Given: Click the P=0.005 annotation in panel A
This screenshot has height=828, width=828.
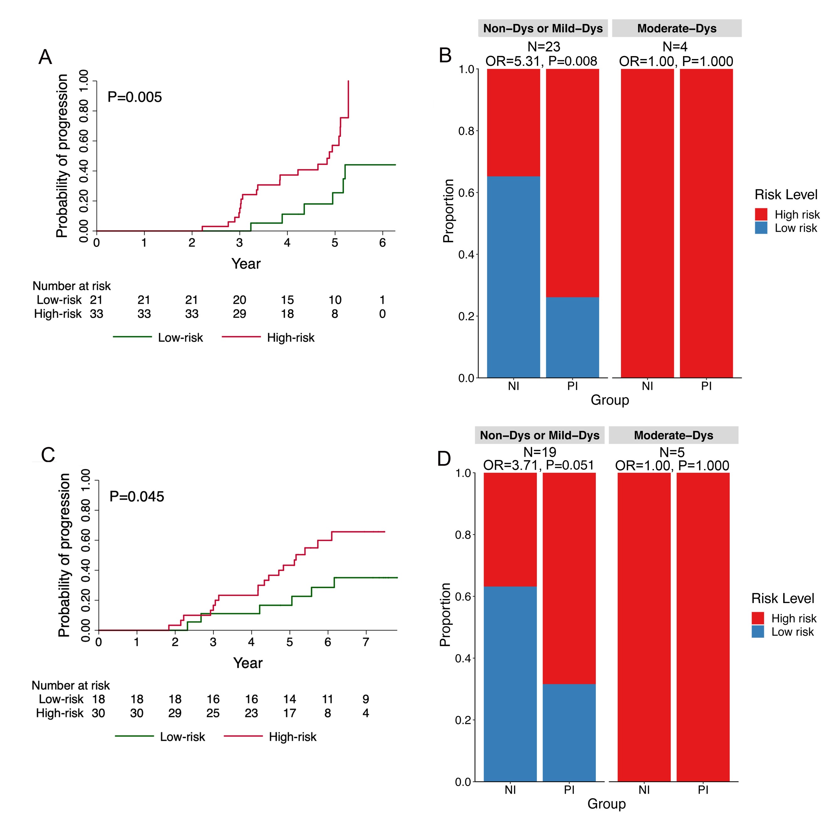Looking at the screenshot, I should tap(135, 97).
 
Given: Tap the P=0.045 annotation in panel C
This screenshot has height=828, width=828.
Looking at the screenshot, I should tap(137, 497).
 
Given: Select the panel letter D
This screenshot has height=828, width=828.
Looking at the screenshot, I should tap(444, 459).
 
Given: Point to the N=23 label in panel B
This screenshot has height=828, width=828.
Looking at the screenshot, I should tap(543, 46).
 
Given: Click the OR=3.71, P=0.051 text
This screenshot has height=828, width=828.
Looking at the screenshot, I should tap(538, 465).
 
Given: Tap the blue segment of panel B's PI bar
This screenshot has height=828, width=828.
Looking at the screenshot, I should tap(572, 337).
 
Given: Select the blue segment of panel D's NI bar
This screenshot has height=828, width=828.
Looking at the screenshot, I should tap(510, 684).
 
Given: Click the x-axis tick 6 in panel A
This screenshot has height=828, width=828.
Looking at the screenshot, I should tap(382, 243).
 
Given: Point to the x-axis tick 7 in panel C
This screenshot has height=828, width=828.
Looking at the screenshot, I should tap(366, 642).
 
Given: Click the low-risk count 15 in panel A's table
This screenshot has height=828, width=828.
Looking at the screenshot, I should tap(287, 300).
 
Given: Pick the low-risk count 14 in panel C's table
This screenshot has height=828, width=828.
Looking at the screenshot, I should tap(289, 699).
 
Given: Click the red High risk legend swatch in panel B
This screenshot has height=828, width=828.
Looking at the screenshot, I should tap(761, 214).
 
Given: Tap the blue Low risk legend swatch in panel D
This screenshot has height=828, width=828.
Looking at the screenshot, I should tap(757, 632).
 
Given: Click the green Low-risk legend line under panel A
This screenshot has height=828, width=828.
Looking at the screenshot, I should tap(132, 337).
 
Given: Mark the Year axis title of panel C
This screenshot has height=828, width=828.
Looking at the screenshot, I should tap(248, 663).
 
